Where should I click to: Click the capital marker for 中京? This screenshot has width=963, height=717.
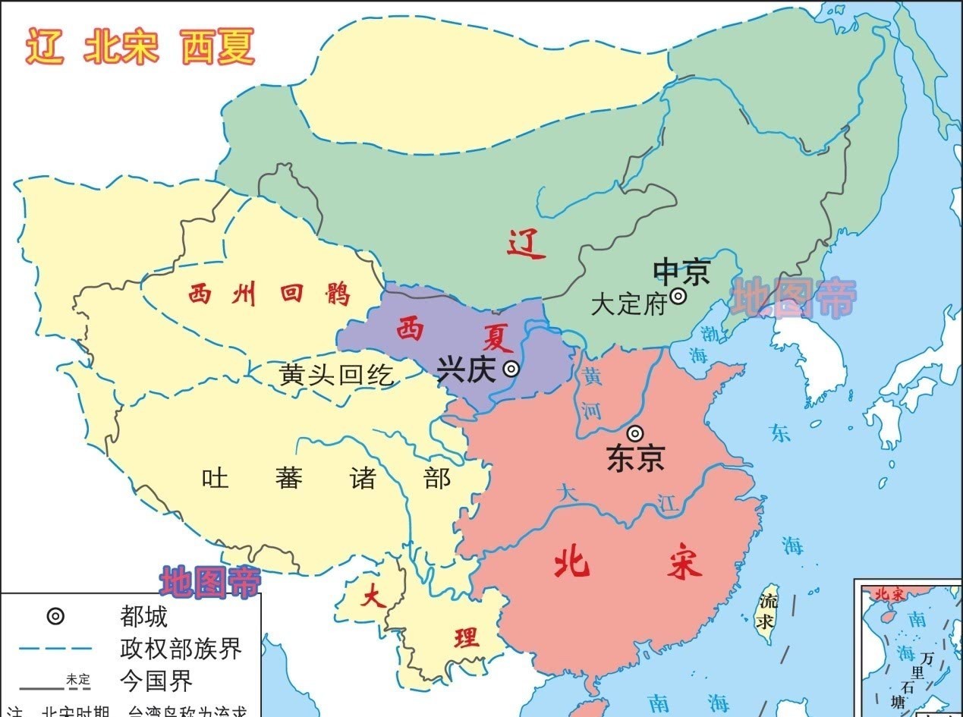tap(678, 296)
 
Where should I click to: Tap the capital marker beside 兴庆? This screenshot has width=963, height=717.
tap(512, 370)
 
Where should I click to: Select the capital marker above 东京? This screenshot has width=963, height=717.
tap(635, 433)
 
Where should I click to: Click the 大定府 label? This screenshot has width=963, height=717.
tap(628, 305)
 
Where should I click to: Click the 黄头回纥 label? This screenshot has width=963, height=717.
tap(337, 374)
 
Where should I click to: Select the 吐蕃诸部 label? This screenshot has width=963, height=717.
tap(326, 479)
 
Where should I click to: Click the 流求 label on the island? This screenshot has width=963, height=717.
tap(769, 612)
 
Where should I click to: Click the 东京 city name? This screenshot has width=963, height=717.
tap(636, 458)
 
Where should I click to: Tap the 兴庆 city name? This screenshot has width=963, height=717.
tap(466, 370)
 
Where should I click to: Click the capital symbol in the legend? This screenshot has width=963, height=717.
tap(55, 616)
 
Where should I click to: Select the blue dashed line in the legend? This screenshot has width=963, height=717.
tap(55, 649)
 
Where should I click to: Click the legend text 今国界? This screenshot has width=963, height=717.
tap(156, 681)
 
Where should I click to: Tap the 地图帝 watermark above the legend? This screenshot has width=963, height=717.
tap(209, 581)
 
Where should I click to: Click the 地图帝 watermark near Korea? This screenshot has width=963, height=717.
tap(793, 298)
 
